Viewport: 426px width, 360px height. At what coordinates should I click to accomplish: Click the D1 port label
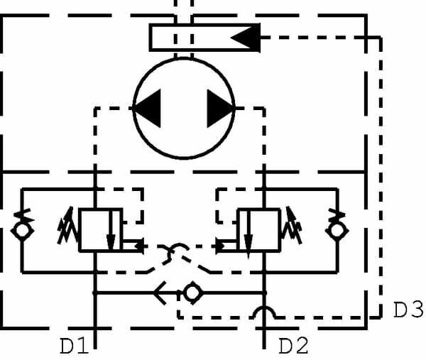coord(73,346)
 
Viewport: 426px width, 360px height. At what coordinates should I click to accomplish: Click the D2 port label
coord(294,346)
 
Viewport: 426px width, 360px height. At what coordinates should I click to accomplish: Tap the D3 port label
coord(408,310)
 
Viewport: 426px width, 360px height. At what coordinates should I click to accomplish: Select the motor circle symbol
coord(184,109)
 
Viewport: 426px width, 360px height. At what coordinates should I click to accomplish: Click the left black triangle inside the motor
coord(147,109)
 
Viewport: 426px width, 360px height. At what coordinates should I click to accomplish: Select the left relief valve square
coord(99,229)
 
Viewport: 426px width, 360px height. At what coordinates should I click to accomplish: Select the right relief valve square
coord(258,229)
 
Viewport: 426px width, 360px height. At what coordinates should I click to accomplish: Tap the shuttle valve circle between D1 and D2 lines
coord(192,292)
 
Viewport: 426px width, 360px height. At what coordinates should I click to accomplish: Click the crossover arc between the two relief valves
coord(175,249)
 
